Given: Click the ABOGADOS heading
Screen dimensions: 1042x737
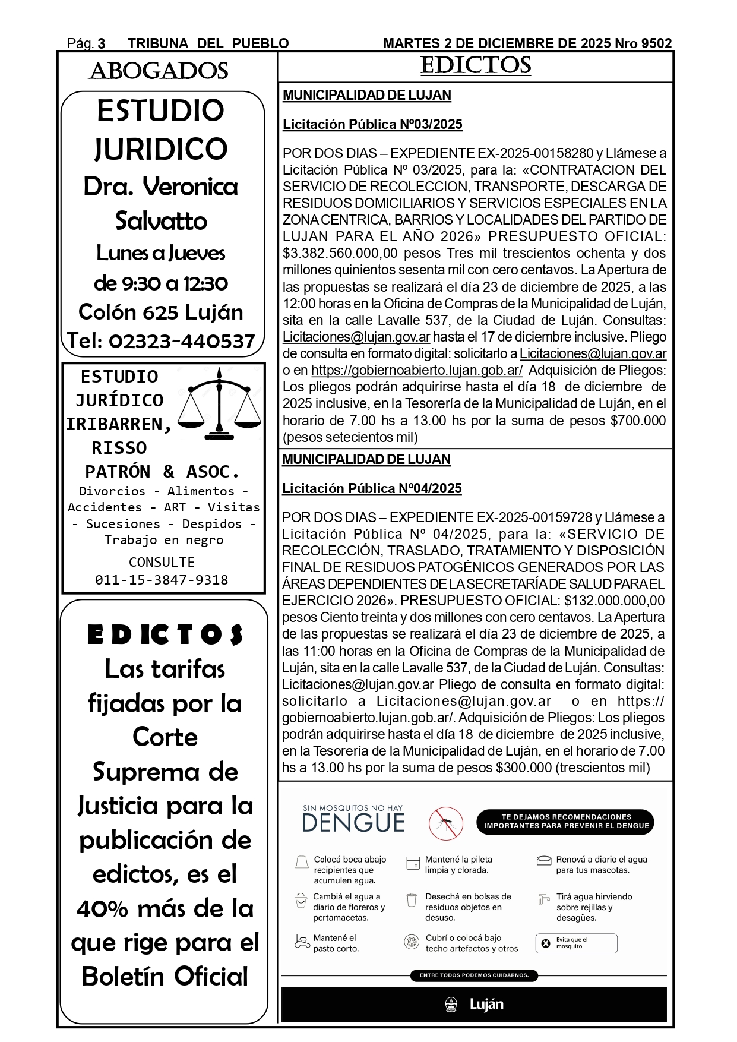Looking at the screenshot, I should [x=159, y=71].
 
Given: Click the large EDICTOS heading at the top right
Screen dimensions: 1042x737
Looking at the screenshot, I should [x=475, y=65].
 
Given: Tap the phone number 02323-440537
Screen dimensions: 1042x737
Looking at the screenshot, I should [x=182, y=341].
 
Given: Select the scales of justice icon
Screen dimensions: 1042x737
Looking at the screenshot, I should [x=219, y=404].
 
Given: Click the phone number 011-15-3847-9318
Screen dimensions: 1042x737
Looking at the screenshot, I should [x=162, y=580].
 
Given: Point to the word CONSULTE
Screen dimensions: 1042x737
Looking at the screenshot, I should [x=162, y=562].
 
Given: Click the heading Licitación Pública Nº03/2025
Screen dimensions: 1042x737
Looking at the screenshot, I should [x=372, y=124].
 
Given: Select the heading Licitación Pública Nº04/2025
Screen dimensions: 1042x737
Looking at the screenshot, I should [x=372, y=488].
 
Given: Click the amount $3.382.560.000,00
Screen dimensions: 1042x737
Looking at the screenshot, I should [x=340, y=254].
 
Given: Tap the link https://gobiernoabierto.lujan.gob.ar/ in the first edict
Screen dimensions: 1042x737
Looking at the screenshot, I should [x=417, y=370].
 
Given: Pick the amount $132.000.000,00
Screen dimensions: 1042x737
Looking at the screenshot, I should [x=614, y=601].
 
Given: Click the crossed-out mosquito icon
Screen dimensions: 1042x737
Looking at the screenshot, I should [x=446, y=823].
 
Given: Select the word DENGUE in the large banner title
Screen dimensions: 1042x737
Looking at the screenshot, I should [x=353, y=823].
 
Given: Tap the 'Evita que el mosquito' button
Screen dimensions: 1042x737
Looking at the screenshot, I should [x=576, y=943].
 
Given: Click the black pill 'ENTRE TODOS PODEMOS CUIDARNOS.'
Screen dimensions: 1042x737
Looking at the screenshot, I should [x=474, y=975].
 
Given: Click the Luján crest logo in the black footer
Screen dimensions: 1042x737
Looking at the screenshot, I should [x=451, y=1005].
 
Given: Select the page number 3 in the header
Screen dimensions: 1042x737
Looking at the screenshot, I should [x=101, y=43].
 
